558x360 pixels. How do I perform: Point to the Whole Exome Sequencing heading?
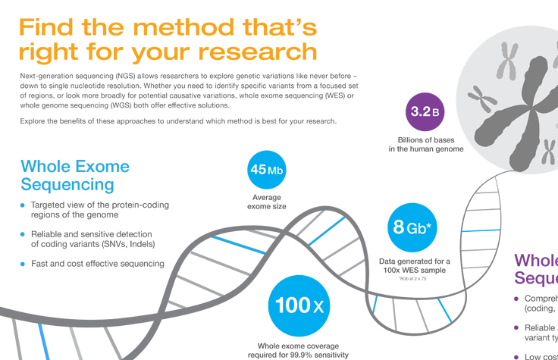(75, 175)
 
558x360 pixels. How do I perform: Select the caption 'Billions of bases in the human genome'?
(430, 144)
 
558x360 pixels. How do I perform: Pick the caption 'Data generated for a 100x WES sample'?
(414, 266)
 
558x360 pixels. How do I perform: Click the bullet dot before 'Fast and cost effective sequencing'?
(23, 264)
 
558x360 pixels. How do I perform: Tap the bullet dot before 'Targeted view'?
(23, 205)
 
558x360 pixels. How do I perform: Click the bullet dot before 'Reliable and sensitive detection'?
(23, 234)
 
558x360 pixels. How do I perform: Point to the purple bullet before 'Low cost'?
(517, 356)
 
